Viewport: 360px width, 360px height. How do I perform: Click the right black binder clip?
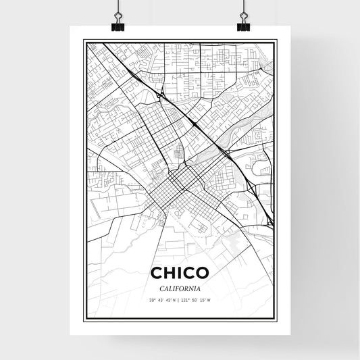(x=243, y=25)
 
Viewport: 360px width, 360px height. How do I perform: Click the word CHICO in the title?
(x=180, y=273)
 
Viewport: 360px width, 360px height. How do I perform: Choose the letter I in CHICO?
(x=180, y=273)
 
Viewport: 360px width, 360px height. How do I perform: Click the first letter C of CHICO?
(x=156, y=273)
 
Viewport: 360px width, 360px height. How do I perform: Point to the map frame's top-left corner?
(x=84, y=41)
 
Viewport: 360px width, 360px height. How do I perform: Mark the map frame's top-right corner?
(x=276, y=41)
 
